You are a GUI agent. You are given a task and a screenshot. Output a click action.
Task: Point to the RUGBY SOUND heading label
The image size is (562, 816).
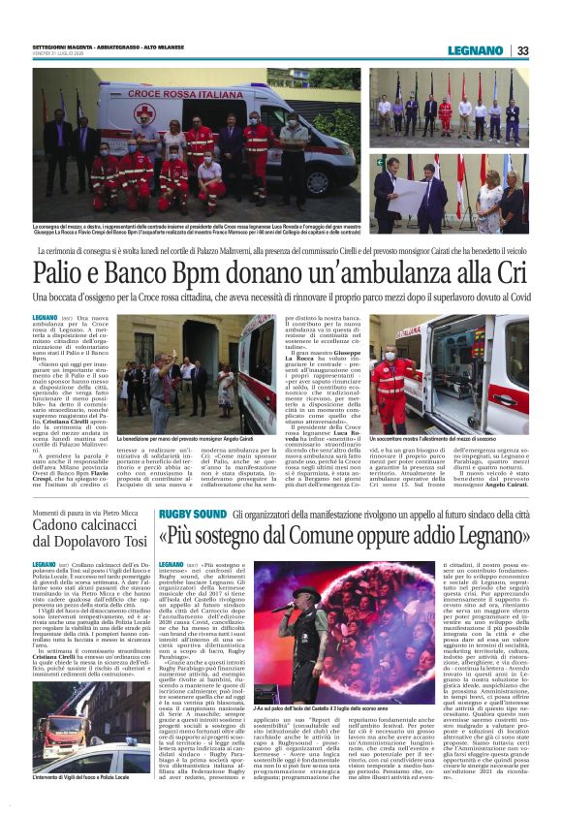coord(193,513)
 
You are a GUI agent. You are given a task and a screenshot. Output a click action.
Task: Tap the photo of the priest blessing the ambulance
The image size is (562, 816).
coord(207,373)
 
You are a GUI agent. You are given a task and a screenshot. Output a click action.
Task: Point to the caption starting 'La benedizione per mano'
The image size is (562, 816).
coord(193,440)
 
